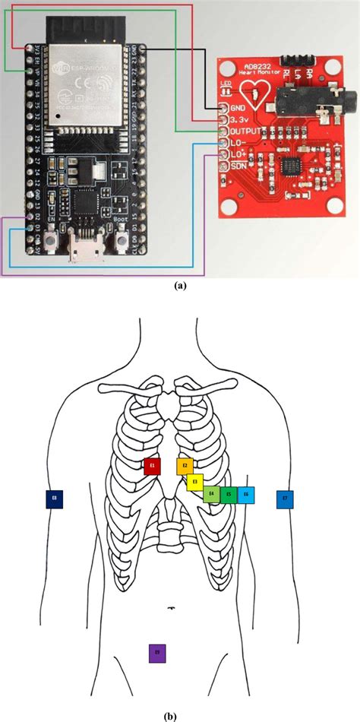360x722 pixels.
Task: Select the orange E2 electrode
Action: pos(185,465)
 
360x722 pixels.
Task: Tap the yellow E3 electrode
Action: pos(195,481)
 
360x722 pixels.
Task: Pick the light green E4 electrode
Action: pos(211,496)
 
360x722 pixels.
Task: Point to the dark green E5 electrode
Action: pos(228,496)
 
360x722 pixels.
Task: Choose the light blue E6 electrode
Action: pos(245,496)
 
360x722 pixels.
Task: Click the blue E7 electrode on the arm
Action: pos(284,499)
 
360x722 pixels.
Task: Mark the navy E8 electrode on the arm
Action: pos(54,499)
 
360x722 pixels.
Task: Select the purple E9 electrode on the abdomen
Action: pos(157,652)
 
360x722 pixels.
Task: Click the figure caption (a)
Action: pos(180,287)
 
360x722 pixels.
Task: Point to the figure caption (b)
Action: pos(180,714)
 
